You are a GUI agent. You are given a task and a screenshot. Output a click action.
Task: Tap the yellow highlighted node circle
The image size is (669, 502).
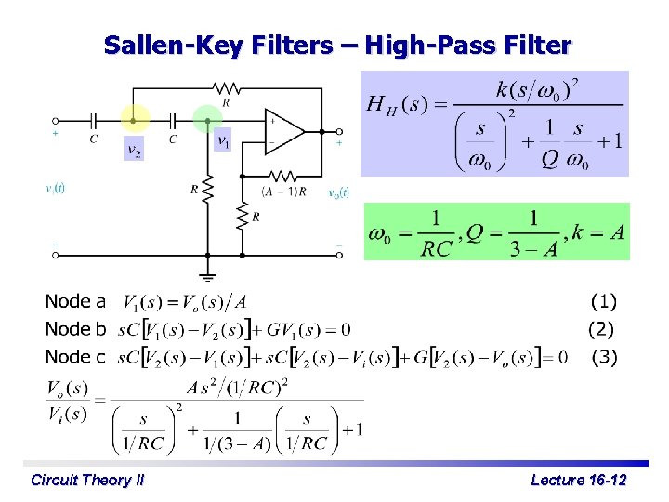tap(135, 119)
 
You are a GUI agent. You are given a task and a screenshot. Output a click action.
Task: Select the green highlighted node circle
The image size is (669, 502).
tap(207, 119)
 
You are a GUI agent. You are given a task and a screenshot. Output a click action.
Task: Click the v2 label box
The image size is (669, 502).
tap(135, 150)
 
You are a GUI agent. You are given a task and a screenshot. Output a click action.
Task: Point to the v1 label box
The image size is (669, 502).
tap(223, 141)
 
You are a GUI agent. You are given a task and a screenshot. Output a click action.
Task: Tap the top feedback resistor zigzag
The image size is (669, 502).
tap(226, 89)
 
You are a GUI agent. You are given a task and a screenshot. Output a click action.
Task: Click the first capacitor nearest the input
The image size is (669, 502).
tap(93, 120)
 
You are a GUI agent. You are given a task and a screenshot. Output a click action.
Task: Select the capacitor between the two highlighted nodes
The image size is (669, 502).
tap(173, 120)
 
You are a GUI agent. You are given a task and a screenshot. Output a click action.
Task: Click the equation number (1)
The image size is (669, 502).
tap(604, 301)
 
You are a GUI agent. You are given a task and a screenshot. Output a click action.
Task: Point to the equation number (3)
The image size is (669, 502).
tap(604, 357)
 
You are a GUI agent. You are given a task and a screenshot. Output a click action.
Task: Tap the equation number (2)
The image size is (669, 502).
tap(601, 329)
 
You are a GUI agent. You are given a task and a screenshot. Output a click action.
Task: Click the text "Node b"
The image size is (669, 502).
tap(75, 329)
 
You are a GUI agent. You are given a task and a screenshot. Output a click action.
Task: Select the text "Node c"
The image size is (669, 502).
tap(75, 357)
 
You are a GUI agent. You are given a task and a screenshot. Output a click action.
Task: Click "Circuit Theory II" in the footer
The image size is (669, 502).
tap(86, 480)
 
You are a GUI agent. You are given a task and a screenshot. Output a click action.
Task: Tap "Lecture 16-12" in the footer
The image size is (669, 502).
tap(578, 480)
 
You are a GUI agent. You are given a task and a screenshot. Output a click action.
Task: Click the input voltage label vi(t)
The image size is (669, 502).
tap(56, 188)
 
